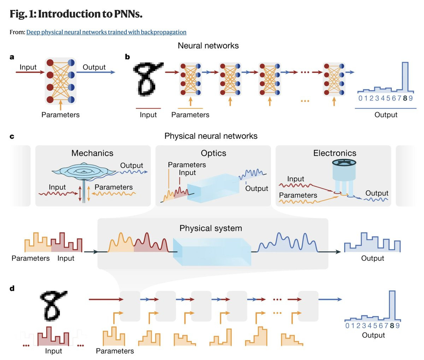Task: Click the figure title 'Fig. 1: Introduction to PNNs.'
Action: point(76,14)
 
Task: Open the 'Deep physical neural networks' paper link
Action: point(106,32)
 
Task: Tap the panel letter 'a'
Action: point(12,57)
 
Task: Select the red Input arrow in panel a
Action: point(30,72)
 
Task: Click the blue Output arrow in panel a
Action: point(95,72)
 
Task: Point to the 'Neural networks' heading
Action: point(208,46)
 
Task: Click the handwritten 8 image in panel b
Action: point(147,79)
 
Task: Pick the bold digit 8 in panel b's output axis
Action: point(405,98)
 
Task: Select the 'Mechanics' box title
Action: point(92,153)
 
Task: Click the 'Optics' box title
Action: point(213,153)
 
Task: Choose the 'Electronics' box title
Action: point(335,153)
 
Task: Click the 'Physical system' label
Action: point(211,228)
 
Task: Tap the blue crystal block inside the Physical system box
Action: point(212,251)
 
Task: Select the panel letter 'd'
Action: point(12,288)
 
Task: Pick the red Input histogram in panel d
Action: point(53,337)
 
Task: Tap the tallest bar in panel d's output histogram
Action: point(392,305)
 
